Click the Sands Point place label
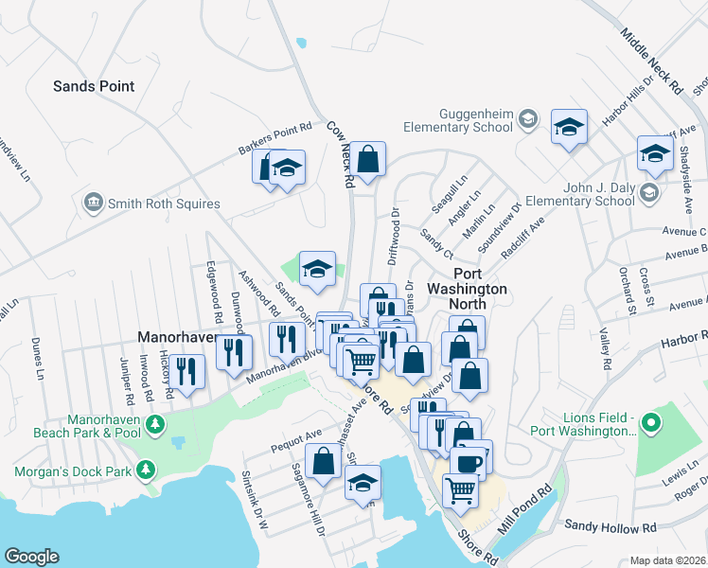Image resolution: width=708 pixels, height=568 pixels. coord(94,86)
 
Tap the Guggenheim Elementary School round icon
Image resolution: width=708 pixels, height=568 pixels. coord(527,118)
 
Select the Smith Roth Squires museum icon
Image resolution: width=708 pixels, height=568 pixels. coord(93,203)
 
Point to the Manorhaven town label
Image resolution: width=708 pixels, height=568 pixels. coord(178,336)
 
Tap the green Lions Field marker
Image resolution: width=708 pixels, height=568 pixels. coord(649,422)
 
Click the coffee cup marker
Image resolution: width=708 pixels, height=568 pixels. coord(467,462)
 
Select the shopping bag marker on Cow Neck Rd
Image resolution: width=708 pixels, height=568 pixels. coord(368,159)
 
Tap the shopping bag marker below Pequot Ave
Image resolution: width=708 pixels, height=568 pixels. coord(324,462)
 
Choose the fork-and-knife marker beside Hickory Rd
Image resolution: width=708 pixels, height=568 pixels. coord(190,371)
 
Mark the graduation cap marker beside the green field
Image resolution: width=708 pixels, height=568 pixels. coord(318,269)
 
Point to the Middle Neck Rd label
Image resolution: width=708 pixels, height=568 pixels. coord(652,60)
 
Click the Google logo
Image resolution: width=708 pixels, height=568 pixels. coord(31,557)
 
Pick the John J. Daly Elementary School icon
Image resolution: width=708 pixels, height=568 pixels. coord(648,193)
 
